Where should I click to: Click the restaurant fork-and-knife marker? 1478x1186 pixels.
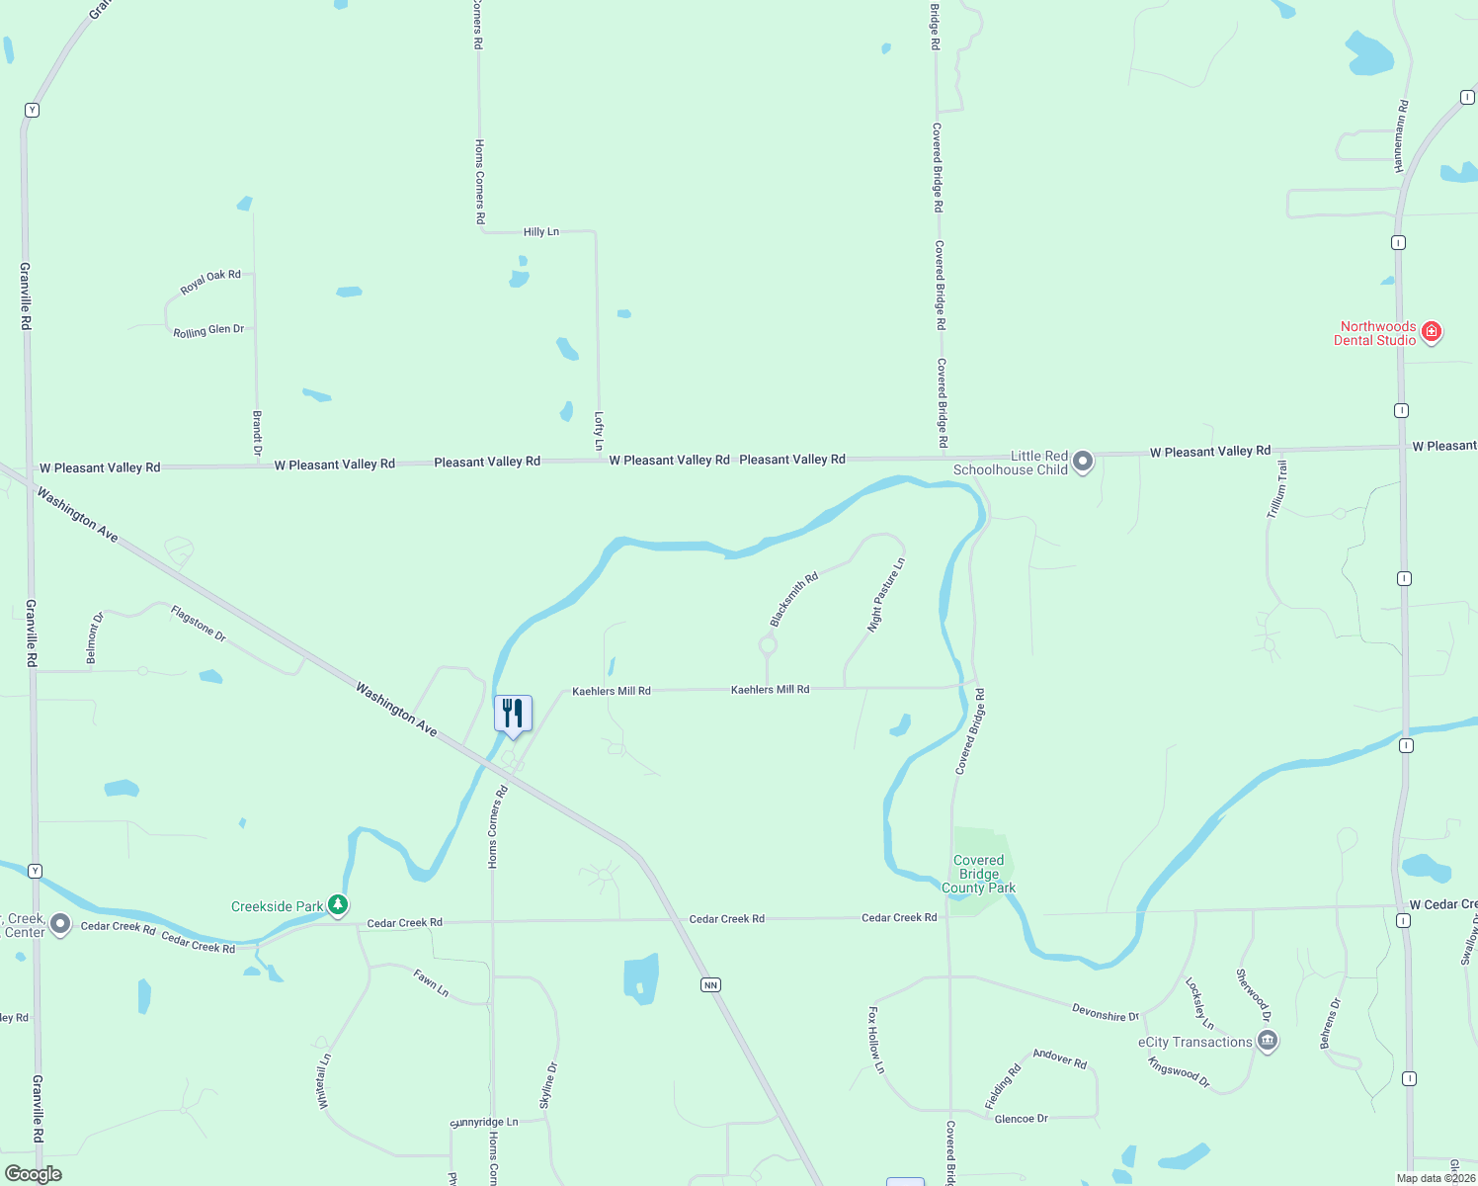[x=513, y=713]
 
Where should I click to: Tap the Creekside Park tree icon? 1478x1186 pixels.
[x=338, y=904]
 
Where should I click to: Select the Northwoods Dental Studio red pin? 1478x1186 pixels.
[x=1432, y=332]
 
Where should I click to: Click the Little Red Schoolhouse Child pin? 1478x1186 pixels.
[x=1083, y=461]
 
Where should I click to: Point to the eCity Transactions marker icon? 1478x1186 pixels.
[x=1268, y=1041]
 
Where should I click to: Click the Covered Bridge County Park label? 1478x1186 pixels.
[x=978, y=875]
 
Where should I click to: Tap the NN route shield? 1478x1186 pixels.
[x=710, y=984]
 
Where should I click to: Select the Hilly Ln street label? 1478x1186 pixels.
[x=540, y=231]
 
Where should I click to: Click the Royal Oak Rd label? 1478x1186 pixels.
[x=210, y=282]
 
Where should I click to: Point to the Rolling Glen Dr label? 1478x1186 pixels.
[x=208, y=331]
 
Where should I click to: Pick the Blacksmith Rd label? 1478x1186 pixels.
[x=794, y=599]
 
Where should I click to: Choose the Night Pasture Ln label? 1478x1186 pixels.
[x=886, y=595]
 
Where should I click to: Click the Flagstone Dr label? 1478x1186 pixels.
[x=199, y=624]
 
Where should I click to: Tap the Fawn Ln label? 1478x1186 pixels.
[x=431, y=982]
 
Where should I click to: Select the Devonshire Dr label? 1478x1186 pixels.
[x=1106, y=1012]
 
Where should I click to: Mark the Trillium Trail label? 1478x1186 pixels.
[x=1276, y=489]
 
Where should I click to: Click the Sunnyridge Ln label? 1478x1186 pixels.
[x=484, y=1123]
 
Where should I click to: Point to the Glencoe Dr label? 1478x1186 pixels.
[x=1021, y=1119]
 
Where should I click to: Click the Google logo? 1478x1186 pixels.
[x=33, y=1174]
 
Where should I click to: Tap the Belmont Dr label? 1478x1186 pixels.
[x=94, y=638]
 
